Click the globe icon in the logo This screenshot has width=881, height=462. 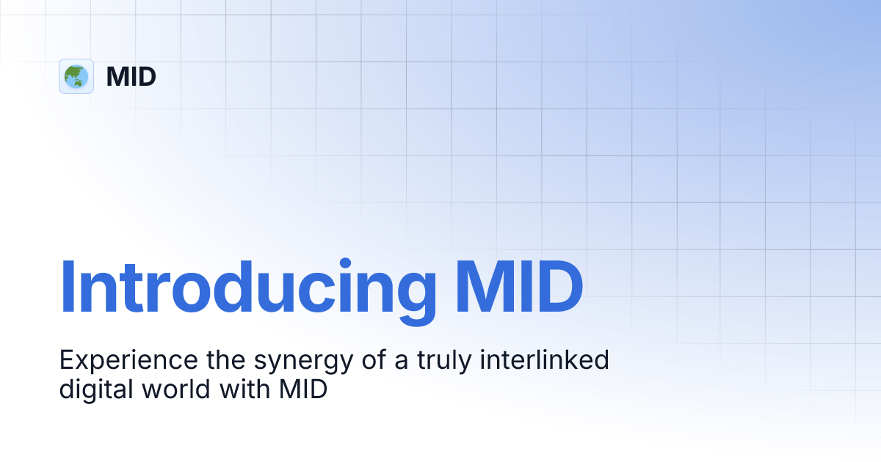(76, 76)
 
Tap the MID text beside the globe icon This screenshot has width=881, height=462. (131, 76)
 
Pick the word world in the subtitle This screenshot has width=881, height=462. (179, 389)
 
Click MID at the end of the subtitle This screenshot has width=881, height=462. (302, 389)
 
